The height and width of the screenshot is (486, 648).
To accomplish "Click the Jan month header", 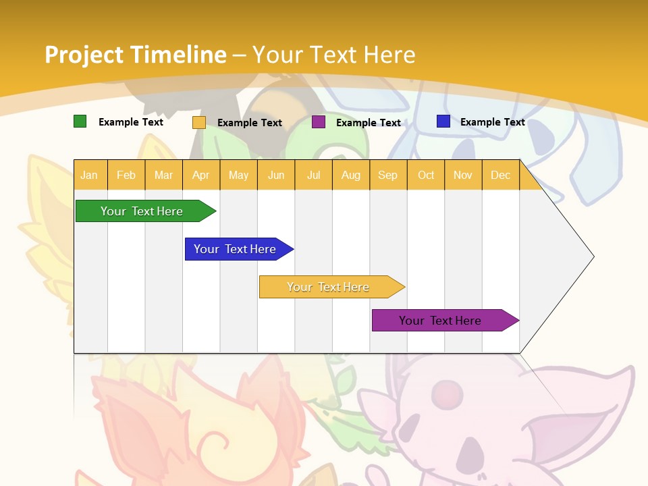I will tap(90, 175).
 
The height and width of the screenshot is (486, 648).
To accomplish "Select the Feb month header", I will tap(126, 175).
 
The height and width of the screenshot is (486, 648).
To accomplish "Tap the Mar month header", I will tap(163, 175).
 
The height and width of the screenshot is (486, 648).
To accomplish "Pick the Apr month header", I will tap(201, 175).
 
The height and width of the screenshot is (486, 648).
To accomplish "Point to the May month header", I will tap(238, 175).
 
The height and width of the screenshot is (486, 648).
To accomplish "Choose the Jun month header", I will tap(276, 175).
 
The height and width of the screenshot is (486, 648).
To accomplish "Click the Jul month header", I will tap(313, 175).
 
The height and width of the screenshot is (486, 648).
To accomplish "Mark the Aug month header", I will tap(351, 175).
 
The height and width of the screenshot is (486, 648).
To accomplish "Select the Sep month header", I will tap(388, 175).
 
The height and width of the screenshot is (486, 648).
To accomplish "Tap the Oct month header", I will tap(426, 175).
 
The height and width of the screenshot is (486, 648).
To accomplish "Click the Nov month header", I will tap(463, 175).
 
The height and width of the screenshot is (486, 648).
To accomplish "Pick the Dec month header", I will tap(500, 175).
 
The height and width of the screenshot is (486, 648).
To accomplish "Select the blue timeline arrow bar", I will tap(236, 249).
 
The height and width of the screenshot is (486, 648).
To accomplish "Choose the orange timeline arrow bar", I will tap(329, 287).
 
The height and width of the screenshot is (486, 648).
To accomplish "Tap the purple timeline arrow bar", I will tap(442, 321).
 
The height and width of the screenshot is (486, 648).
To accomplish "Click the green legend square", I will tap(80, 122).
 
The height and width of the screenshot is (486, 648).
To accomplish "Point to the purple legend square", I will tap(319, 122).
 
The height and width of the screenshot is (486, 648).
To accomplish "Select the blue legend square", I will tap(443, 122).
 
